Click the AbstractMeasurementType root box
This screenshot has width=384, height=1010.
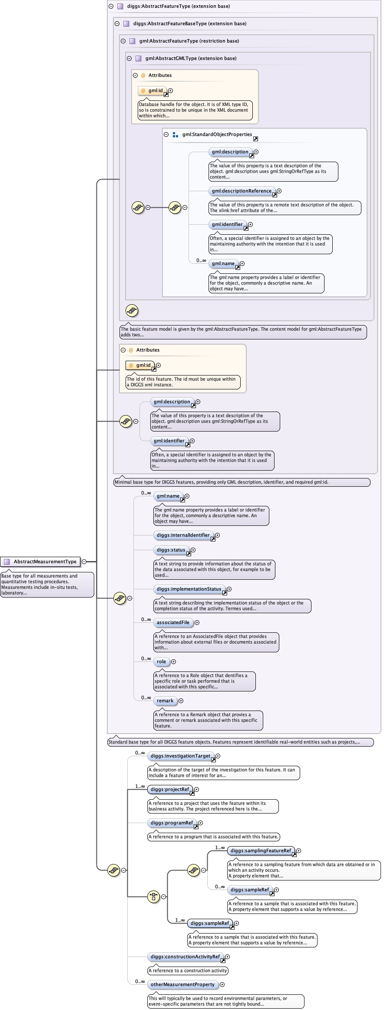[40, 561]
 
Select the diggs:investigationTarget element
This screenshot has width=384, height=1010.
[180, 756]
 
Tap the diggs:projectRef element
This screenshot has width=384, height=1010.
[170, 789]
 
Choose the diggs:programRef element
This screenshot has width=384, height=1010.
[172, 823]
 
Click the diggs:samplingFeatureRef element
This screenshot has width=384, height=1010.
[261, 851]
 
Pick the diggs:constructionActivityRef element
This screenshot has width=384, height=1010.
[185, 957]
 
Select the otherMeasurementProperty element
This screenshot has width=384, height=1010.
[182, 984]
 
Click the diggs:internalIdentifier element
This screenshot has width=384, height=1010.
[183, 535]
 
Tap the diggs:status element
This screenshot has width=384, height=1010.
[171, 550]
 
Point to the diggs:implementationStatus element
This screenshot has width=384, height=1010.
[189, 589]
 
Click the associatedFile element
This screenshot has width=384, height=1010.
[173, 622]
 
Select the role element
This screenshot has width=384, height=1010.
[161, 661]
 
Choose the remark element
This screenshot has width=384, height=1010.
[165, 701]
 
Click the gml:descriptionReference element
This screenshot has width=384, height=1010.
[242, 191]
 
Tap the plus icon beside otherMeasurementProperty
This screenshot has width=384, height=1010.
[222, 984]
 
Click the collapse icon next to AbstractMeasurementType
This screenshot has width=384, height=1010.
[84, 561]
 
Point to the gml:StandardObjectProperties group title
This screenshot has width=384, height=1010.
[217, 134]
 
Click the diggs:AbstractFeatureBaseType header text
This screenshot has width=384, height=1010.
[189, 23]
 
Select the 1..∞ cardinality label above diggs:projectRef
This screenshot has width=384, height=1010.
[140, 786]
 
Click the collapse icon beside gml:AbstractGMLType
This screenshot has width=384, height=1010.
[129, 58]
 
